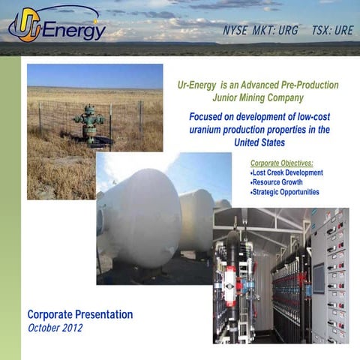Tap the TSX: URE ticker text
[331, 31]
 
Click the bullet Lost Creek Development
[286, 172]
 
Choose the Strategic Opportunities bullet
[286, 192]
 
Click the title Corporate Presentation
[80, 314]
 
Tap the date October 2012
[55, 328]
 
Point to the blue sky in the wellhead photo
[94, 75]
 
